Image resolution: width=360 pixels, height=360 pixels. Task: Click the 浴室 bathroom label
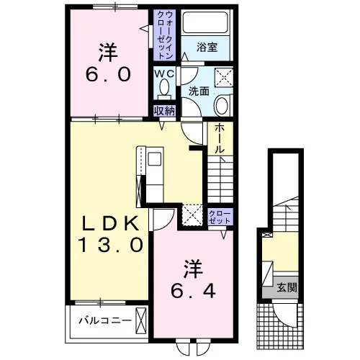(207, 47)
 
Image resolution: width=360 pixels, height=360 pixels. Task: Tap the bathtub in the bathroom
(205, 22)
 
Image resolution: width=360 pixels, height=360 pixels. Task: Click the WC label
(164, 73)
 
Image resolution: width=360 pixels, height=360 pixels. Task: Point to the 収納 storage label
(164, 111)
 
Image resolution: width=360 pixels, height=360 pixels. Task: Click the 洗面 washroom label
(199, 91)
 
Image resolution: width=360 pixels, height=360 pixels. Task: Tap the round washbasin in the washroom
(222, 105)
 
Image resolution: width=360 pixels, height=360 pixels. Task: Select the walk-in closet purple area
(165, 35)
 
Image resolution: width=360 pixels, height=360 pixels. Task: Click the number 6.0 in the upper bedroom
(109, 74)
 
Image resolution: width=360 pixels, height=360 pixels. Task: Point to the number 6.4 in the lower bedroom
(193, 291)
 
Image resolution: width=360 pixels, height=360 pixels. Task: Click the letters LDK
(110, 223)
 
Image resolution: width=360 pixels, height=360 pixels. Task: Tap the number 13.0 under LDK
(111, 245)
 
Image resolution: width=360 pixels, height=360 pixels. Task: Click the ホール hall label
(220, 139)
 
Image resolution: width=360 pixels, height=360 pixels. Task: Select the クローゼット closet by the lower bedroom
(220, 217)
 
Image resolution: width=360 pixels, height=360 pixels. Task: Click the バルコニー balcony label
(106, 320)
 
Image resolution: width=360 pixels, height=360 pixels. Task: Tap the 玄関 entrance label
(287, 287)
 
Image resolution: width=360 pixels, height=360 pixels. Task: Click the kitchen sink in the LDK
(155, 159)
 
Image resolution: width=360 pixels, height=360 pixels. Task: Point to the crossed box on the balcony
(141, 320)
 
